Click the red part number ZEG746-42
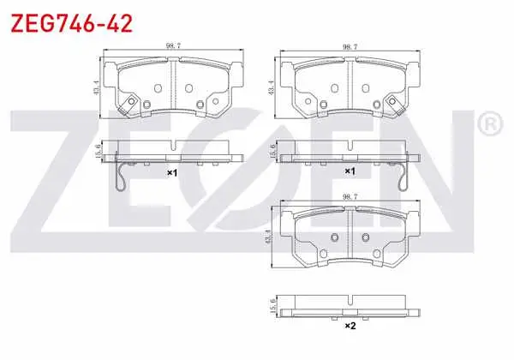(x=72, y=24)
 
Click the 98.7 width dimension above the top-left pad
(x=173, y=46)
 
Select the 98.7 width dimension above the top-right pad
(x=350, y=47)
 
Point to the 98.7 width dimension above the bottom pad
(x=350, y=197)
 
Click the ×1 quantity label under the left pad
(x=172, y=172)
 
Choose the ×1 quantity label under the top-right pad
(x=350, y=171)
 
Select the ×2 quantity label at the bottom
(x=350, y=326)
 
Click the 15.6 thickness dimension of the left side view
(x=98, y=152)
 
